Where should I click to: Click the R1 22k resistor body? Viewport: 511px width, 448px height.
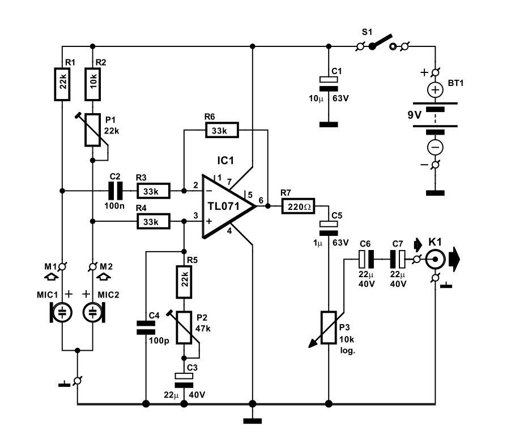pyautogui.click(x=62, y=84)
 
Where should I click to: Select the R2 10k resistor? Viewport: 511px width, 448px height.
pyautogui.click(x=92, y=84)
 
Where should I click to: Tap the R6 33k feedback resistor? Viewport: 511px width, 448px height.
pyautogui.click(x=222, y=130)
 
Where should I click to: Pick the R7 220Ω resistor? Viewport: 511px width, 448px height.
pyautogui.click(x=298, y=206)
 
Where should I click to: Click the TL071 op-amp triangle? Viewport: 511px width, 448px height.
pyautogui.click(x=225, y=206)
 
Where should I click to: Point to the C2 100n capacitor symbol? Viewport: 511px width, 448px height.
pyautogui.click(x=116, y=191)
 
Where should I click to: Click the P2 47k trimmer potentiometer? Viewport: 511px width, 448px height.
pyautogui.click(x=185, y=328)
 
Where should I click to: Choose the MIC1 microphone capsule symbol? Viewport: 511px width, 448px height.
pyautogui.click(x=61, y=312)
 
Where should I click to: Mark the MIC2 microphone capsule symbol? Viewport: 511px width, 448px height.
pyautogui.click(x=94, y=312)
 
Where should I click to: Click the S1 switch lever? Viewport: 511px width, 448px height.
pyautogui.click(x=381, y=42)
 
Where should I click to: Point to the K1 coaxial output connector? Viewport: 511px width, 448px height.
pyautogui.click(x=435, y=259)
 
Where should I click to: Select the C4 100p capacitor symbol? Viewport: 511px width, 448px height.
pyautogui.click(x=146, y=328)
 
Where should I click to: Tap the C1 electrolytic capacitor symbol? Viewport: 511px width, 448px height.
pyautogui.click(x=329, y=84)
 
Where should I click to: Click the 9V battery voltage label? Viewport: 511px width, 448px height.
pyautogui.click(x=415, y=115)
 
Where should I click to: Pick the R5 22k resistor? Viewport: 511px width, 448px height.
pyautogui.click(x=184, y=282)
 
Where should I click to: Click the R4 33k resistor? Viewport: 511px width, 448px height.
pyautogui.click(x=153, y=222)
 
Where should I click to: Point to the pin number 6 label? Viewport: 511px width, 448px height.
pyautogui.click(x=261, y=200)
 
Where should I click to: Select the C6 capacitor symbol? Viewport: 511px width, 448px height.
pyautogui.click(x=366, y=259)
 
